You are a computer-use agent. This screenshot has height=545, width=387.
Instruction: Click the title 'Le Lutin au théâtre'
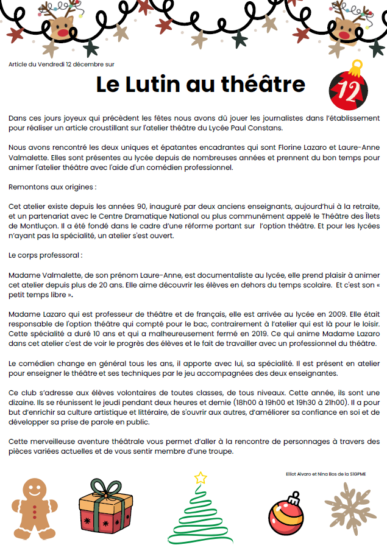coord(201,85)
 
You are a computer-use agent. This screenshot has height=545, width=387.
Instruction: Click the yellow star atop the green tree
coord(200,478)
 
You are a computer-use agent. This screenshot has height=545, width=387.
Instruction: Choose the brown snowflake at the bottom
coord(350,508)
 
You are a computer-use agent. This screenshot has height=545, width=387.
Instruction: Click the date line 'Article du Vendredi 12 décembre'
coord(62,63)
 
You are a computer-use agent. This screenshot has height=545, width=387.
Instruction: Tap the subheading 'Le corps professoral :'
coord(46,255)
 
